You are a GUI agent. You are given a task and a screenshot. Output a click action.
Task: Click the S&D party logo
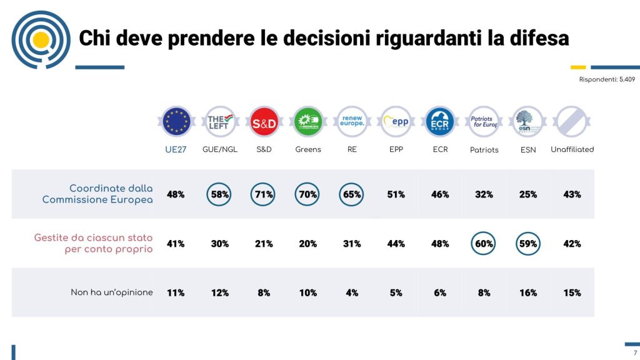[x=264, y=122]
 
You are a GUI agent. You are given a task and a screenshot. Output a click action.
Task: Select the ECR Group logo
[x=440, y=122]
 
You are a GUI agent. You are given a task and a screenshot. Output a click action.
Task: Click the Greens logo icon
[x=308, y=122]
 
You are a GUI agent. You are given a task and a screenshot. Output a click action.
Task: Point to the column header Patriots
[x=484, y=150]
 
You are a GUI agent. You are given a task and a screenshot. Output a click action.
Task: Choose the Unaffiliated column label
[x=572, y=149]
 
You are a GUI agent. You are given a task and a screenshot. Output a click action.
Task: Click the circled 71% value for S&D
[x=264, y=194]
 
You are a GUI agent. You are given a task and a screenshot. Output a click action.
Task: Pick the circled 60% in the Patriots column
[x=484, y=244]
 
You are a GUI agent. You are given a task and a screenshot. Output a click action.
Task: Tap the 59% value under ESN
[x=528, y=244]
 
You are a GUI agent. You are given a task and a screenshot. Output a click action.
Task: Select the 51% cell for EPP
[x=396, y=194]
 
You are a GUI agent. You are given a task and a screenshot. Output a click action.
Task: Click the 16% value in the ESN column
[x=528, y=292]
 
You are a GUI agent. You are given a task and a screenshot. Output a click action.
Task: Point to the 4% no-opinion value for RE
[x=352, y=292]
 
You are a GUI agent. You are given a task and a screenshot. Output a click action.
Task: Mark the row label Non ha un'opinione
[x=112, y=292]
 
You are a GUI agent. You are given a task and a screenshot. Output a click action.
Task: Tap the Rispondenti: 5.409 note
[x=607, y=80]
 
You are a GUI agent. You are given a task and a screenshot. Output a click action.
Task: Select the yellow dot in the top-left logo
[x=41, y=40]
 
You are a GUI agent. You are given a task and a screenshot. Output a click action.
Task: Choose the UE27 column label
[x=176, y=149]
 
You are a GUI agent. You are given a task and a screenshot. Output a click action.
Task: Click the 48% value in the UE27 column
[x=176, y=194]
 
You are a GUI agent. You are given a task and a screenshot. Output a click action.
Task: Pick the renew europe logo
[x=352, y=122]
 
